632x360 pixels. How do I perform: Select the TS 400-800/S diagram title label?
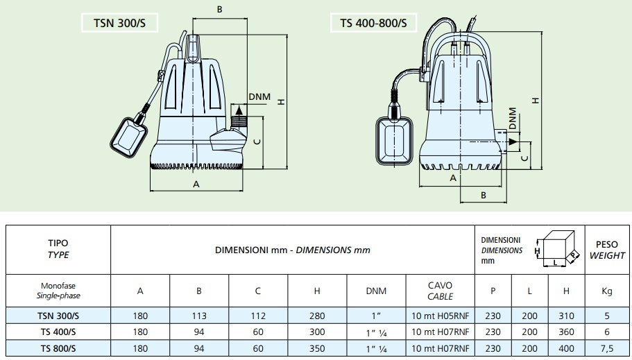(x=373, y=24)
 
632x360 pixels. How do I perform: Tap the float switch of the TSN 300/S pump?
(x=130, y=137)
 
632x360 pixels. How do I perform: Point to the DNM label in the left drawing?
(x=259, y=96)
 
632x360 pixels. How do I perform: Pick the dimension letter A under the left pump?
(x=196, y=184)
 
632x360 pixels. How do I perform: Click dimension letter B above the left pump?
(x=219, y=9)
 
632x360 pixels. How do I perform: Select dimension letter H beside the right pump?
(x=536, y=100)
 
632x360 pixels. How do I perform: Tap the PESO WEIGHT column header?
(x=607, y=250)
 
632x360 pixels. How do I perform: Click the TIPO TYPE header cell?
(x=58, y=250)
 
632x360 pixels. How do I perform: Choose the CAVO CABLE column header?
(x=440, y=291)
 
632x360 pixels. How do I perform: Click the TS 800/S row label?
(x=58, y=346)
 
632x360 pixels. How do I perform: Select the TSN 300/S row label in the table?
(x=58, y=316)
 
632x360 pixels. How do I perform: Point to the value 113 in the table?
(x=198, y=316)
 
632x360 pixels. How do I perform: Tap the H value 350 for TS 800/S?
(x=316, y=346)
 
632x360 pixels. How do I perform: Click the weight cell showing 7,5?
(x=607, y=346)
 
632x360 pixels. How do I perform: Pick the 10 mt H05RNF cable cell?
(x=440, y=316)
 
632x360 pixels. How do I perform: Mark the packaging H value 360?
(x=566, y=332)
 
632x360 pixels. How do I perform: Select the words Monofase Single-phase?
(x=58, y=291)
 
